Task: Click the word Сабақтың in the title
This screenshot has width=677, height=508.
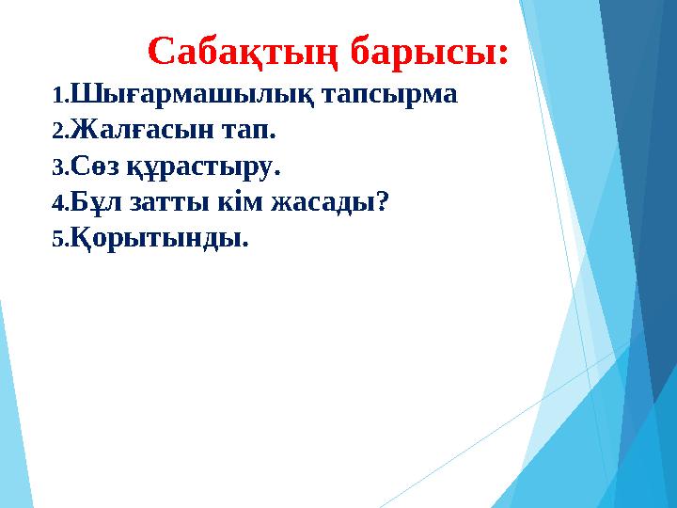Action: (x=244, y=52)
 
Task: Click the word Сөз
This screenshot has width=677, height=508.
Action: (x=95, y=167)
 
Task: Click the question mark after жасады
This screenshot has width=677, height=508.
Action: (x=383, y=202)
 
